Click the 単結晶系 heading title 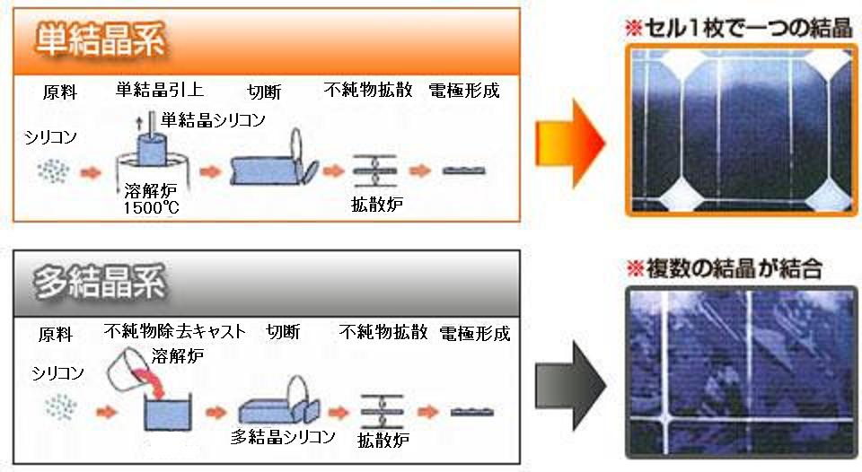point(100,40)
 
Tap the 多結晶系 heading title point(100,283)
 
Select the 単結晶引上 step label point(160,90)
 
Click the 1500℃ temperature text point(151,207)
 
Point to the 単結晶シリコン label point(214,119)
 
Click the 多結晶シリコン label point(283,436)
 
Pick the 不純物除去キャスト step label point(175,331)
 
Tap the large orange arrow point(570,144)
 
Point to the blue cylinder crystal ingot point(151,148)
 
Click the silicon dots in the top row point(54,171)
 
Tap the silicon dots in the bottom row point(60,408)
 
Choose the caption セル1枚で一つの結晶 point(738,28)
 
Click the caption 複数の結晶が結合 point(725,268)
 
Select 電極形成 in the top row point(464,90)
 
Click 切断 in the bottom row point(283,332)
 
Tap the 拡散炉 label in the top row point(377,205)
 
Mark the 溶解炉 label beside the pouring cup point(178,356)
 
